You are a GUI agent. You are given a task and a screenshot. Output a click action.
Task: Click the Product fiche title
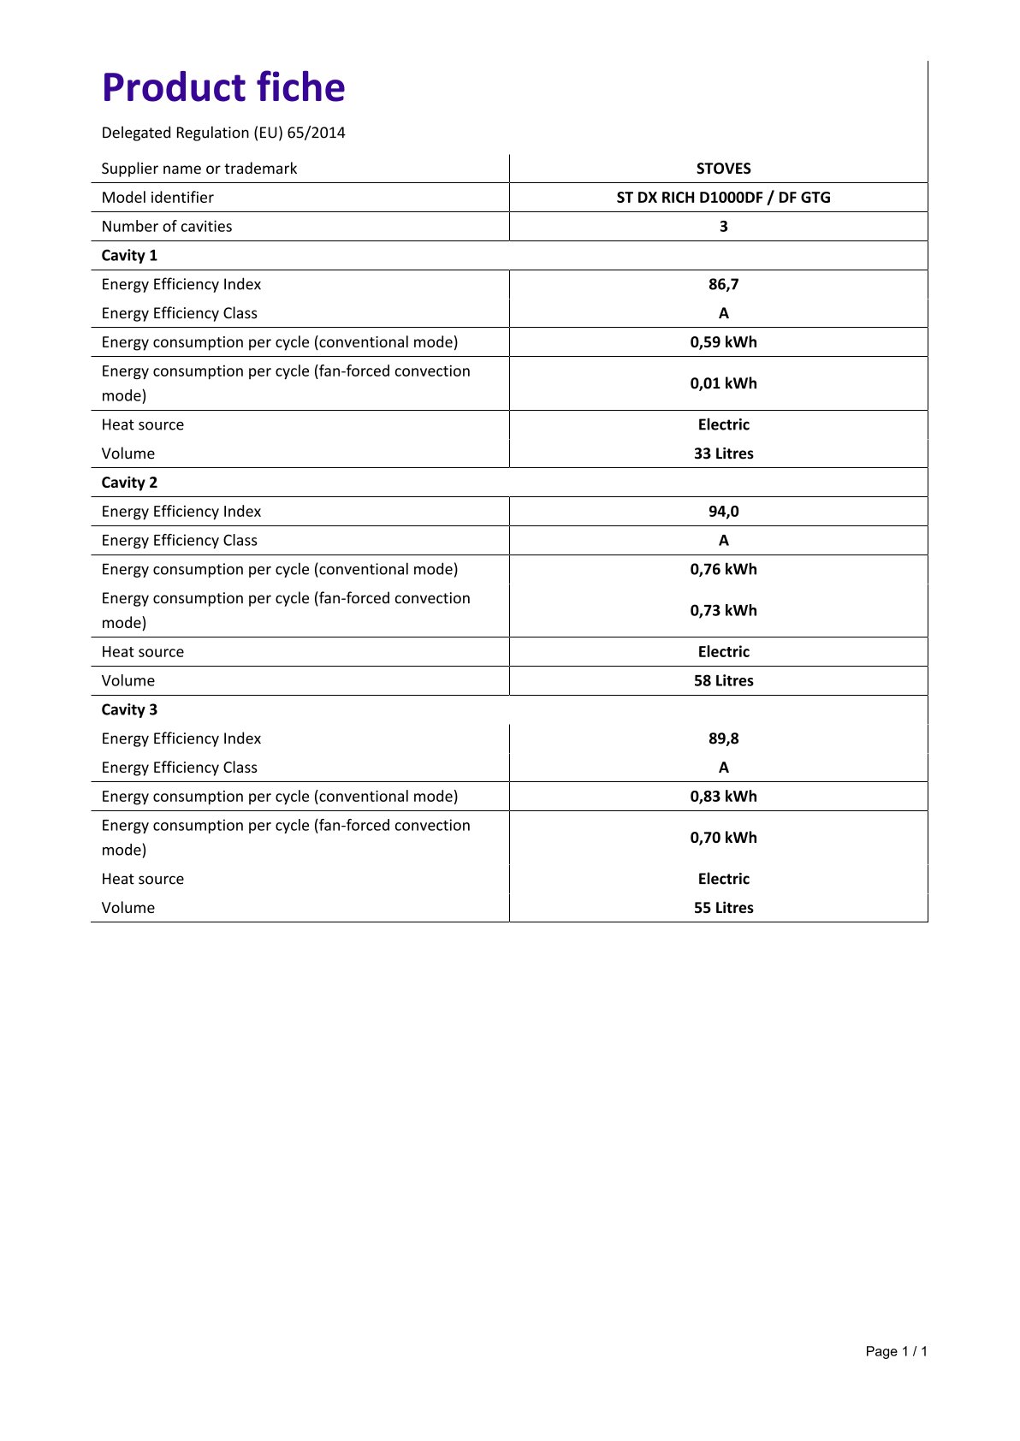[223, 87]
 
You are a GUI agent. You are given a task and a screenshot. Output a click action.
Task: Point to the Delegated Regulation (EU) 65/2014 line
[223, 133]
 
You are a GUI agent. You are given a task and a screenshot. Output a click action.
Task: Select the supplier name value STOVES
[723, 169]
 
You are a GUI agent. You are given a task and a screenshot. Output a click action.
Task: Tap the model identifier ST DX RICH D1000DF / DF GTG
[723, 198]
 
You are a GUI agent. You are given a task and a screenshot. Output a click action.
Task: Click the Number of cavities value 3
[723, 227]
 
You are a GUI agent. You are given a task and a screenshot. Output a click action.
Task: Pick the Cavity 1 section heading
[129, 256]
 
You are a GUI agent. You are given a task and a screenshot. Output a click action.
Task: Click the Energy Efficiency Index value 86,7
[723, 284]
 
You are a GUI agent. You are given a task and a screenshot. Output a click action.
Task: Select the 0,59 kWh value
[723, 342]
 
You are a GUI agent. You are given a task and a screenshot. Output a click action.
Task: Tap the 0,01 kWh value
[723, 383]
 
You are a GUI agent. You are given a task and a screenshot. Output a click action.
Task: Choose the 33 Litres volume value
[723, 454]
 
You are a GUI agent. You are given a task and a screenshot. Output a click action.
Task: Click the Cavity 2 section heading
[129, 483]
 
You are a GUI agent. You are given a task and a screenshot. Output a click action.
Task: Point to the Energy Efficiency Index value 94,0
[723, 512]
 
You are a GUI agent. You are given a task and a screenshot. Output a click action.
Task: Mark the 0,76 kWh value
[723, 570]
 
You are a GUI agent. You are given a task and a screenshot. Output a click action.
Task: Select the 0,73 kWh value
[723, 611]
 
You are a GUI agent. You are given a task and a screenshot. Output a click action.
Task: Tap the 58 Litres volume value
[723, 681]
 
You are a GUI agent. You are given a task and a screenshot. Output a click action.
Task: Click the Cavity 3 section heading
[129, 710]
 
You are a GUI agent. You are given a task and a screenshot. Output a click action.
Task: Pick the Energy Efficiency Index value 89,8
[723, 738]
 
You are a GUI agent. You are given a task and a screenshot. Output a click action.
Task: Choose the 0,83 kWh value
[723, 797]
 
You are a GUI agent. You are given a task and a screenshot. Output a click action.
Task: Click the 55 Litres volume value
[723, 908]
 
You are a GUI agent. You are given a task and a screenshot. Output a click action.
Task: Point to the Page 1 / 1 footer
[896, 1352]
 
